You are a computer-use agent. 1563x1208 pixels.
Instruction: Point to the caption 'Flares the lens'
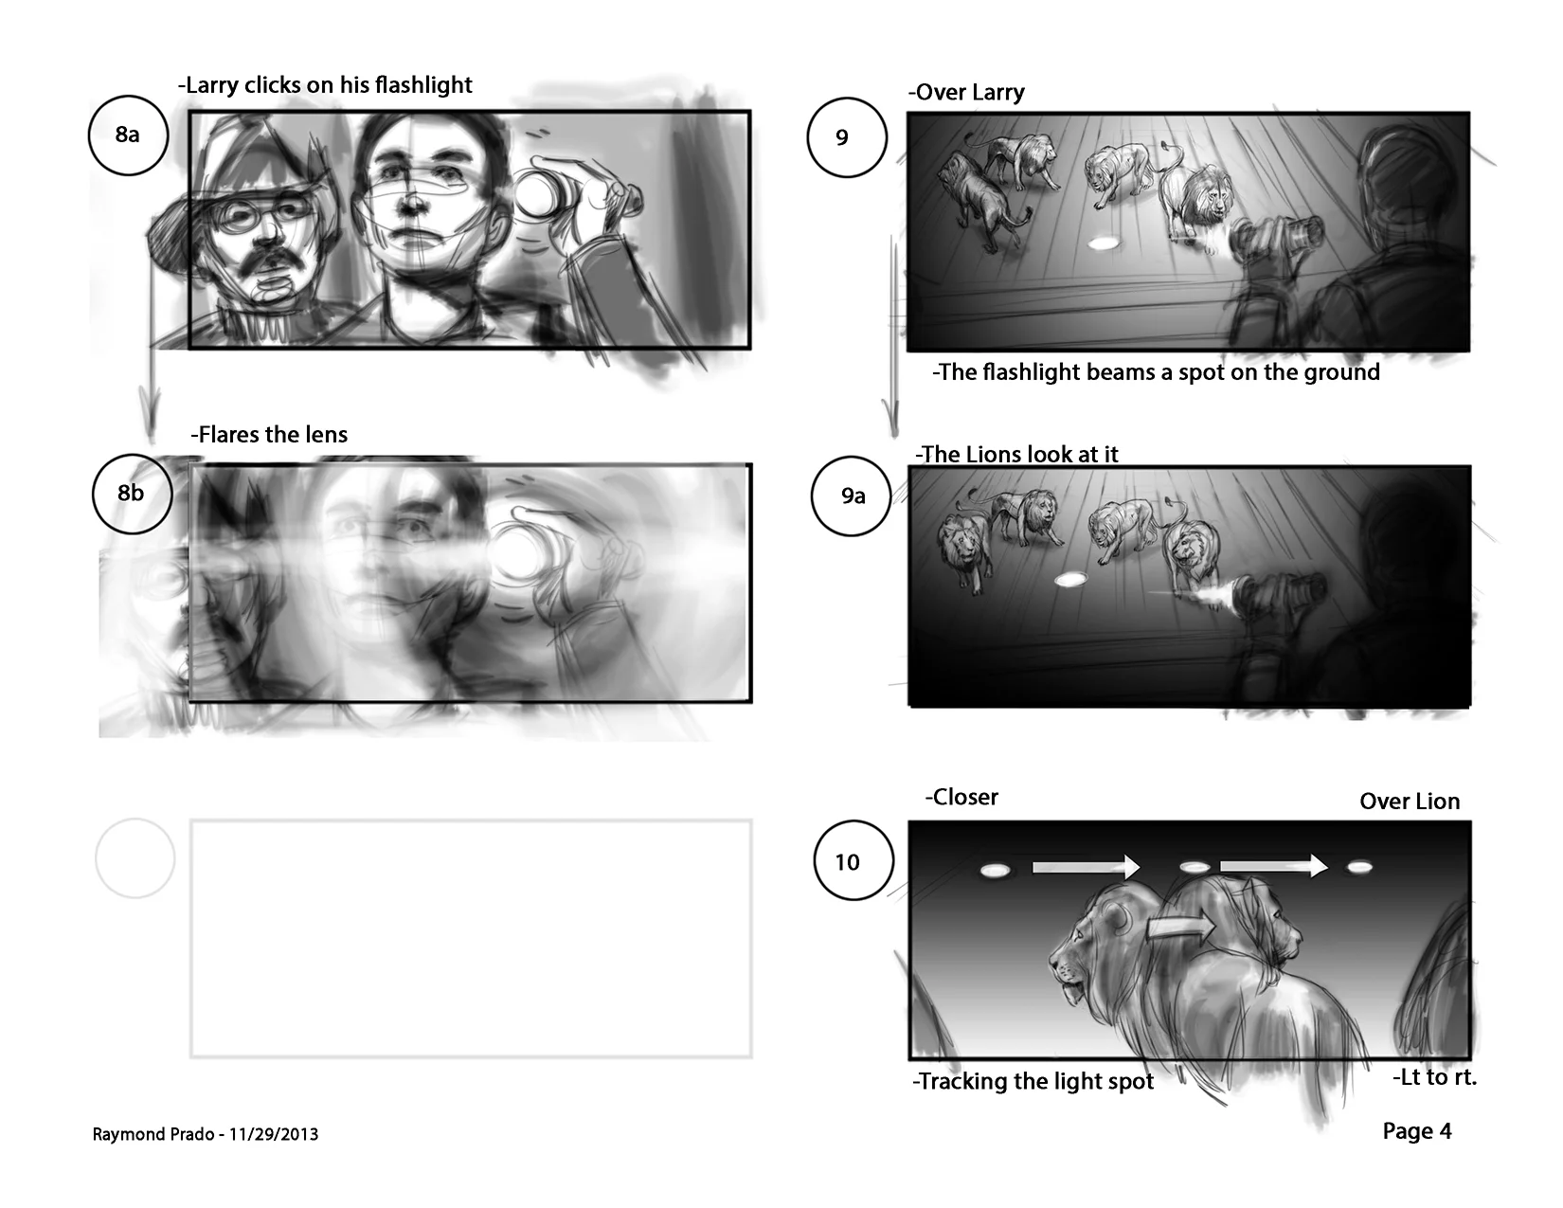pos(269,435)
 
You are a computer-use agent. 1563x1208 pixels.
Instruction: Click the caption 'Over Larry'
pos(966,93)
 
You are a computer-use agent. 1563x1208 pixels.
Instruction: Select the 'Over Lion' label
pos(1410,802)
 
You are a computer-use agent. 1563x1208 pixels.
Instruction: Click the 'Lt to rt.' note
pos(1434,1077)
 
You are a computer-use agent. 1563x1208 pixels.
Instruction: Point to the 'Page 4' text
pos(1417,1131)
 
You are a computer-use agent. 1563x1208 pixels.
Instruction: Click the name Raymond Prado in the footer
pos(153,1135)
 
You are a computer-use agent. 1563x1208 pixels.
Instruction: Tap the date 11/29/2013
pos(274,1135)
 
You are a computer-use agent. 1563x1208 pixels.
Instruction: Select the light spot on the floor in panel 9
pos(1103,243)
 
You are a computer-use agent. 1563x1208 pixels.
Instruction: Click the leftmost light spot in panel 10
pos(996,871)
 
